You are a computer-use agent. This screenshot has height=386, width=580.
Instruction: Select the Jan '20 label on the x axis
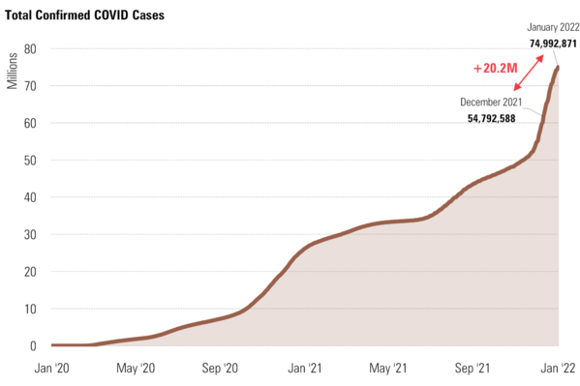pyautogui.click(x=52, y=369)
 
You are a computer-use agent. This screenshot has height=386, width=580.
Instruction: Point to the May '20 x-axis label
pyautogui.click(x=137, y=369)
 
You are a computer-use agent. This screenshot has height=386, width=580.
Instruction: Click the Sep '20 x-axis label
pyautogui.click(x=222, y=369)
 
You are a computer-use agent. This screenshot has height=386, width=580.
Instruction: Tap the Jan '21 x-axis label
pyautogui.click(x=306, y=369)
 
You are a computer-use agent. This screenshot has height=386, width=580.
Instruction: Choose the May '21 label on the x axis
pyautogui.click(x=389, y=369)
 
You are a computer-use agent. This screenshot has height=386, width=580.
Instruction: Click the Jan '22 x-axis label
pyautogui.click(x=557, y=369)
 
